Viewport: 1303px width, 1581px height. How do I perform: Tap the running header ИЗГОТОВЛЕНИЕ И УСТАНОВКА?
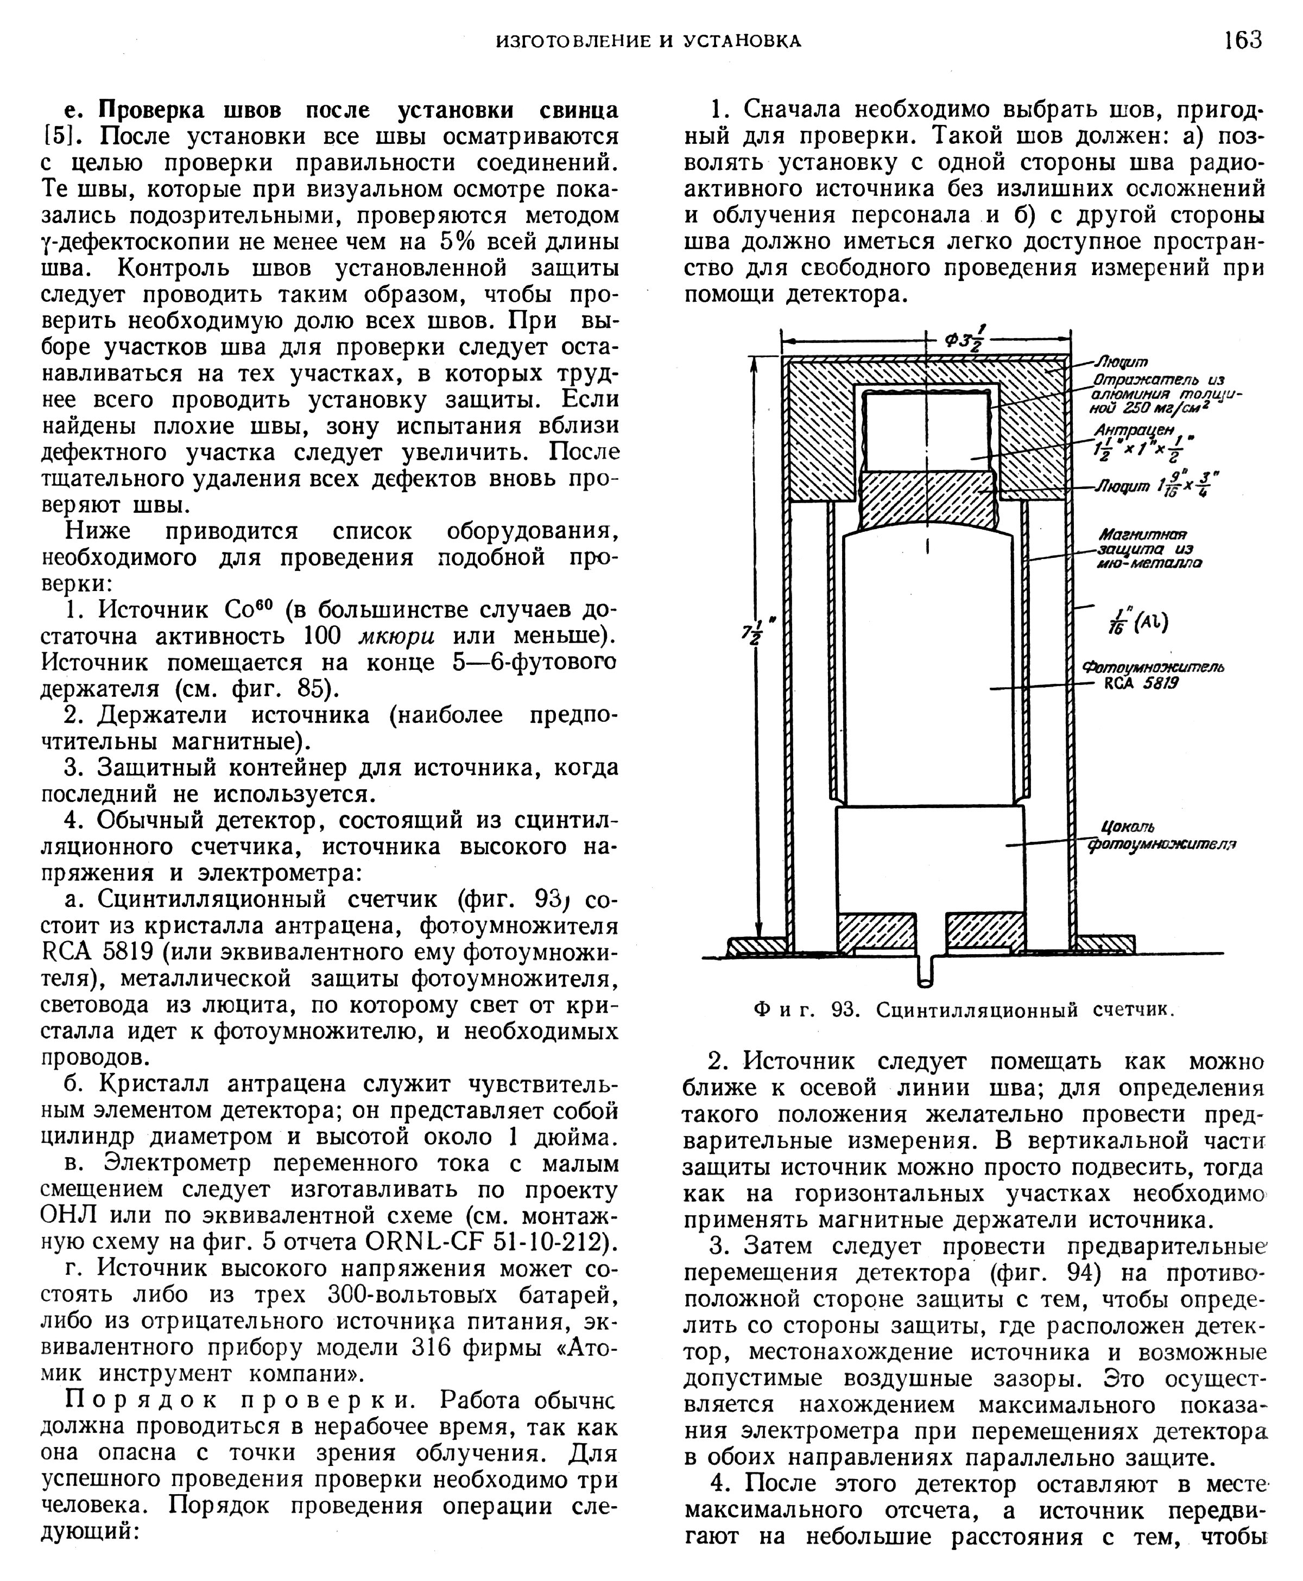click(649, 42)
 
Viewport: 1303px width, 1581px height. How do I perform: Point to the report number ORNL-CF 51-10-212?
click(489, 1242)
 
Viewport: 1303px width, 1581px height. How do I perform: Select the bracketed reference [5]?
click(57, 137)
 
